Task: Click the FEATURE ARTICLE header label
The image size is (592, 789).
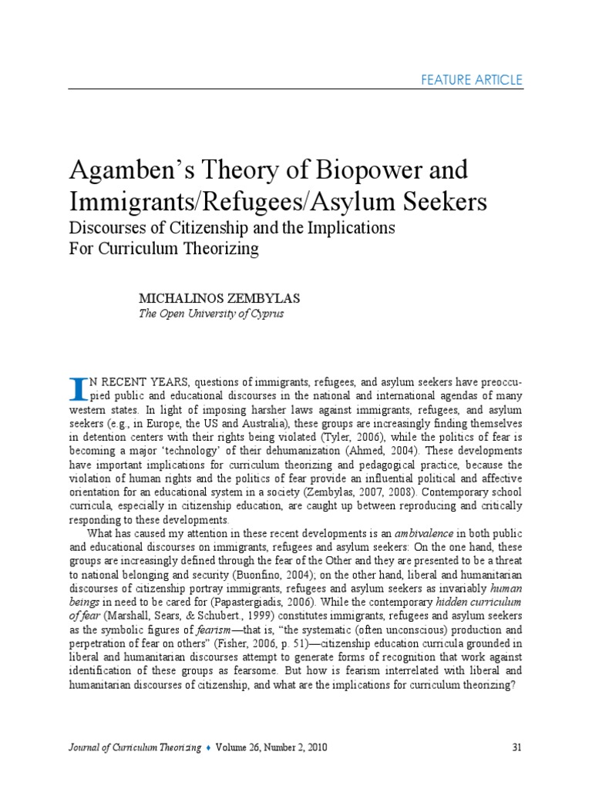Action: click(x=473, y=80)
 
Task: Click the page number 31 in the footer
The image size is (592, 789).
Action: click(x=518, y=747)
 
